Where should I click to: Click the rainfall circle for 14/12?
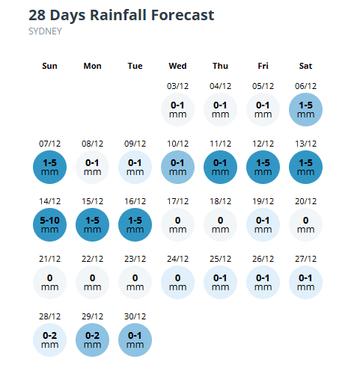click(x=49, y=224)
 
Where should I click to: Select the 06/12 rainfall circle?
click(x=305, y=109)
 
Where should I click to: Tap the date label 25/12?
click(x=220, y=259)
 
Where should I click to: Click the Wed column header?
click(x=177, y=66)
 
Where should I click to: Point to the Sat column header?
click(x=305, y=66)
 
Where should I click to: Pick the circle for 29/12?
click(x=92, y=340)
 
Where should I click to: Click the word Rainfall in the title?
click(x=118, y=15)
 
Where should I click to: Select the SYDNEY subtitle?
click(x=45, y=31)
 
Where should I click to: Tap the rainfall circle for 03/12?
click(x=177, y=109)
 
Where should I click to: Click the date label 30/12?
click(x=135, y=316)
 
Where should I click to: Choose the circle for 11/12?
click(x=220, y=167)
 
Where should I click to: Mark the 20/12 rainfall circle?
click(x=305, y=224)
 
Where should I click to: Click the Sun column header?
click(x=49, y=66)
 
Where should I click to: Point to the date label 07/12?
click(x=49, y=144)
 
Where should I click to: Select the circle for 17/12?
click(x=177, y=224)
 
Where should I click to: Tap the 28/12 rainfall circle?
click(x=49, y=340)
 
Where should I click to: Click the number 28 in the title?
click(x=37, y=15)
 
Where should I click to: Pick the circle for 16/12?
click(x=135, y=224)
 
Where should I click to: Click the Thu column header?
click(x=220, y=66)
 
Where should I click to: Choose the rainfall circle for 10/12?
click(x=177, y=167)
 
